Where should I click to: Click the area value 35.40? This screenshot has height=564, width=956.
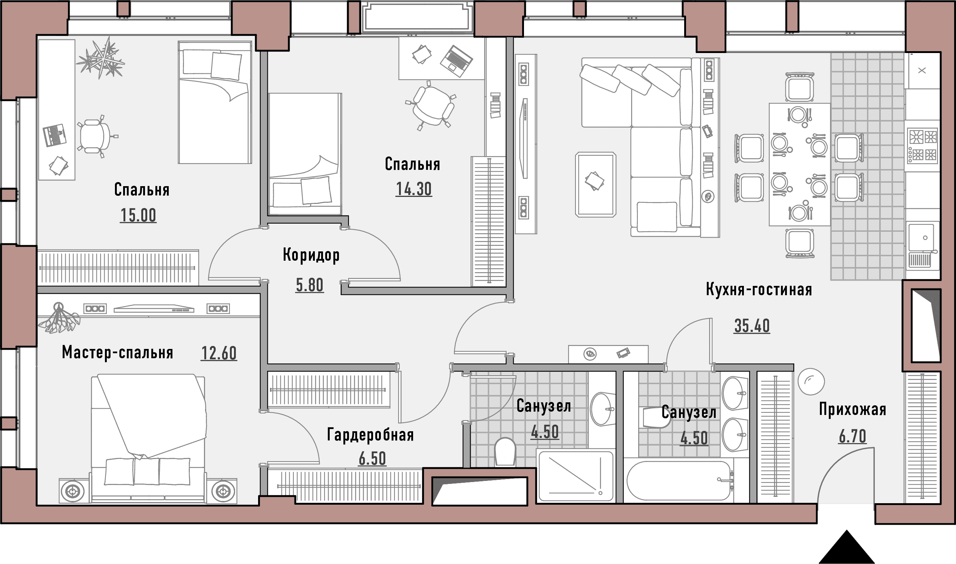(x=752, y=326)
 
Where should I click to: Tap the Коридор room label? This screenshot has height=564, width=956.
(x=311, y=255)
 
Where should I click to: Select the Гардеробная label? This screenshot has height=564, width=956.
(x=370, y=435)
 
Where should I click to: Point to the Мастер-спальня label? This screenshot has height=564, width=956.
(x=118, y=353)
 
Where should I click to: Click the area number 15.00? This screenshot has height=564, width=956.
(x=138, y=215)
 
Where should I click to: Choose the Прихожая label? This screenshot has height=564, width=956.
(x=853, y=410)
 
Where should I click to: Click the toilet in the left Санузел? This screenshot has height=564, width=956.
(x=505, y=452)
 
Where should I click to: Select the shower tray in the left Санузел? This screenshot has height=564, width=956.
(x=575, y=476)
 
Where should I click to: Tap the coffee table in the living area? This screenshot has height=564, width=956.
(x=596, y=184)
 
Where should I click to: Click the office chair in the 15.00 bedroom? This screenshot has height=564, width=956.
(x=95, y=136)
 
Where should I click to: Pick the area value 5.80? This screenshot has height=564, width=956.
(x=310, y=285)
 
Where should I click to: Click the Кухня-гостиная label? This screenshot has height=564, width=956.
(x=759, y=290)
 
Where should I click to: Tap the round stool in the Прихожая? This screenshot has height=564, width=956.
(x=811, y=382)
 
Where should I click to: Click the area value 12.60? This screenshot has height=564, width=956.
(x=219, y=353)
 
